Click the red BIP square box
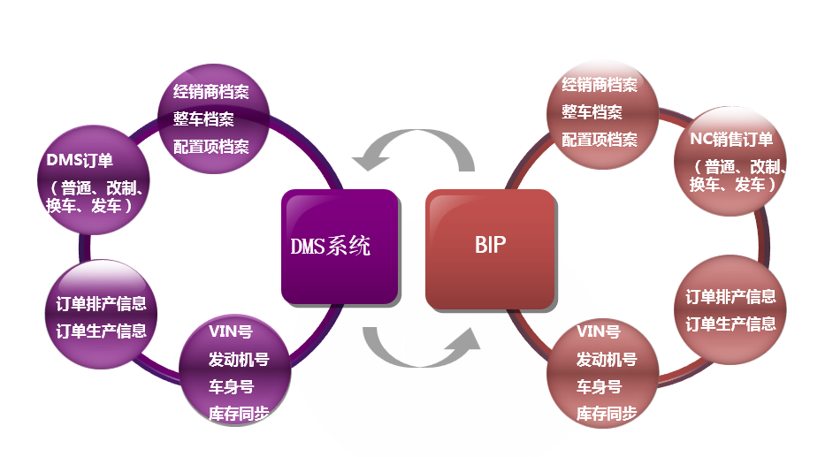pyautogui.click(x=490, y=247)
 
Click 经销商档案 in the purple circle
pyautogui.click(x=211, y=92)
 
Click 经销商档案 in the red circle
pyautogui.click(x=600, y=85)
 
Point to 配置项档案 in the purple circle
pyautogui.click(x=211, y=146)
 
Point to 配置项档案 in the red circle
pyautogui.click(x=600, y=140)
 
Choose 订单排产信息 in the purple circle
pyautogui.click(x=95, y=304)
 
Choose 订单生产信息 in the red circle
pyautogui.click(x=730, y=324)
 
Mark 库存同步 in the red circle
pyautogui.click(x=607, y=413)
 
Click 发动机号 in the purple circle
pyautogui.click(x=239, y=359)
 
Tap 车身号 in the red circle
pyautogui.click(x=599, y=386)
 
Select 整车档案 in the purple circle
pyautogui.click(x=203, y=118)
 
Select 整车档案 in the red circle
pyautogui.click(x=592, y=112)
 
